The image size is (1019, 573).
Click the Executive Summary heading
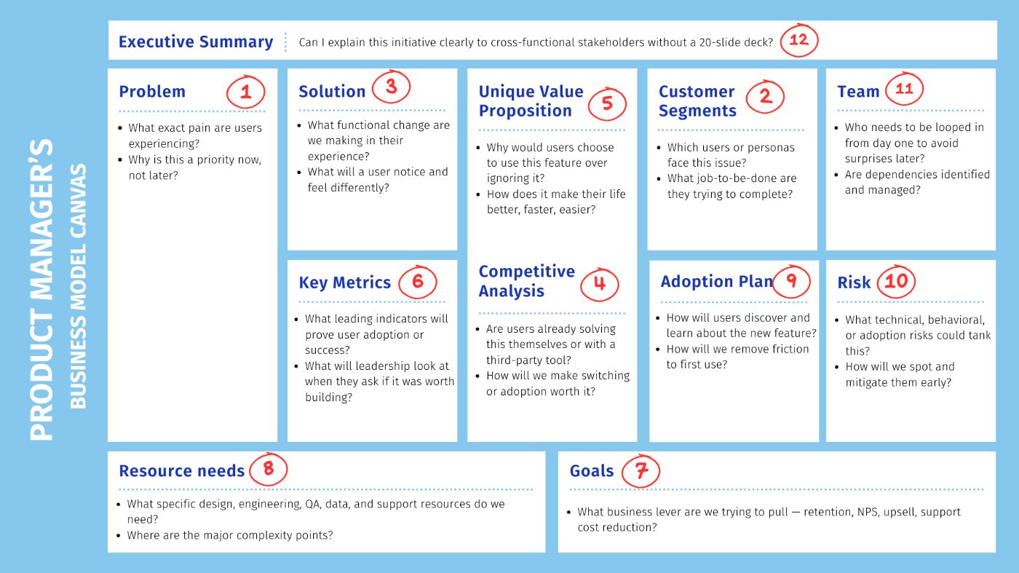(196, 42)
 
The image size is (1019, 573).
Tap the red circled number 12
(799, 40)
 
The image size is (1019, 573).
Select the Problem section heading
(152, 92)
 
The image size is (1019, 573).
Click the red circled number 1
(246, 92)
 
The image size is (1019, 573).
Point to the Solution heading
(332, 92)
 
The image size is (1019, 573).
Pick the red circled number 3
(392, 87)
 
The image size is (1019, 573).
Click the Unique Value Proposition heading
(531, 101)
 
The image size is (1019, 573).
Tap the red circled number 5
(607, 104)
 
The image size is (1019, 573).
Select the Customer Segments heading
(697, 101)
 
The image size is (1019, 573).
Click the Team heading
(858, 92)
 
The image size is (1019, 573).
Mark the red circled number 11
(904, 88)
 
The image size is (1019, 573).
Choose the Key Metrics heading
(344, 282)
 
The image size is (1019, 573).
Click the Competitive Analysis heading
(526, 281)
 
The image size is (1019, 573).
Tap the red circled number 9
(792, 281)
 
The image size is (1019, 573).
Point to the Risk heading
(854, 282)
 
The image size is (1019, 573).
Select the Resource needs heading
(181, 470)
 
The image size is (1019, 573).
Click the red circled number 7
(641, 471)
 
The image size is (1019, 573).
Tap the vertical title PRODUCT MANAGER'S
(41, 290)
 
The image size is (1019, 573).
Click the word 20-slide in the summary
(719, 42)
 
